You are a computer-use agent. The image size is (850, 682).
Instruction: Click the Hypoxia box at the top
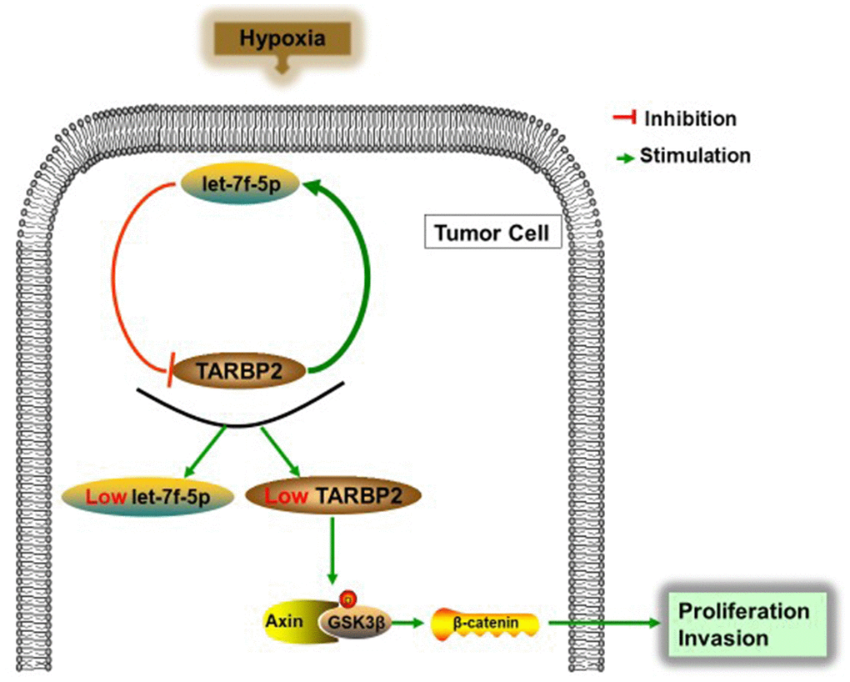pos(282,38)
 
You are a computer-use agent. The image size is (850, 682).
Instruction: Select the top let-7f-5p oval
pos(242,181)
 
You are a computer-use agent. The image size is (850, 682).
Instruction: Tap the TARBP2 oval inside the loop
pos(238,370)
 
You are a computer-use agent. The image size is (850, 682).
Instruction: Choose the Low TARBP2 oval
pos(333,497)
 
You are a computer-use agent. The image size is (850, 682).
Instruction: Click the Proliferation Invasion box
pos(743,624)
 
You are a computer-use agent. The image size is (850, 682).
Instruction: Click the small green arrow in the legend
pos(623,157)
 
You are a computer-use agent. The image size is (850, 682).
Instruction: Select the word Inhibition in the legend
pos(690,118)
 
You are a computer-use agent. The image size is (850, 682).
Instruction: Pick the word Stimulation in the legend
pos(695,156)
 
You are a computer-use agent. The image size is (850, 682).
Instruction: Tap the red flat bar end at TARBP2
pos(170,368)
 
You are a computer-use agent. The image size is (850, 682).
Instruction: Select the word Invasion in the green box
pos(722,639)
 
